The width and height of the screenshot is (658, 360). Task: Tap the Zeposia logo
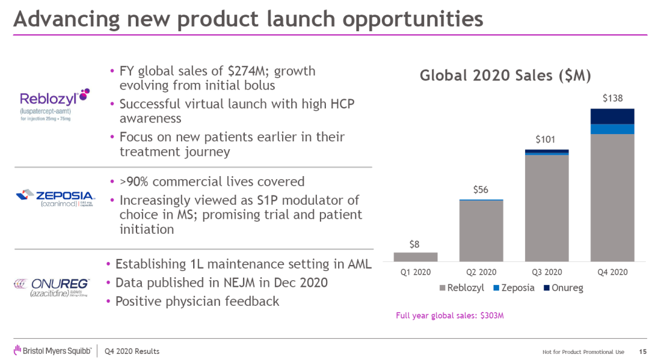[x=54, y=199]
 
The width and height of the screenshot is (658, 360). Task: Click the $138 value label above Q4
[x=612, y=97]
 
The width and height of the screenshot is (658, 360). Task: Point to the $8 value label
[x=414, y=244]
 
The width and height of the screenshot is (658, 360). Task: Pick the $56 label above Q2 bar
[x=481, y=190]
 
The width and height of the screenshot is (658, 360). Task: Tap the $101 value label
[x=546, y=139]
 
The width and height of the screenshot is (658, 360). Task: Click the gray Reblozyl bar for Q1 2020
[x=420, y=256]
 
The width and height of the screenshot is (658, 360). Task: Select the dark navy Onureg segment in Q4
[x=612, y=116]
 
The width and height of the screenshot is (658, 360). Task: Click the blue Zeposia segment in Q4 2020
[x=612, y=129]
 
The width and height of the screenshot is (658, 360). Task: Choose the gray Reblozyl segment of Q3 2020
[x=547, y=207]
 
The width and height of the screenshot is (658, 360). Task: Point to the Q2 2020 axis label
[x=481, y=272]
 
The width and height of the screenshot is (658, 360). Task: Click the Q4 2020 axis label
[x=612, y=272]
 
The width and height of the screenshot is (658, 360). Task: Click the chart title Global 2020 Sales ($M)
[x=505, y=76]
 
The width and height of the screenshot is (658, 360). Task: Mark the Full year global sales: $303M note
[x=450, y=316]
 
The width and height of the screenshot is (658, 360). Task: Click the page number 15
[x=643, y=351]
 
